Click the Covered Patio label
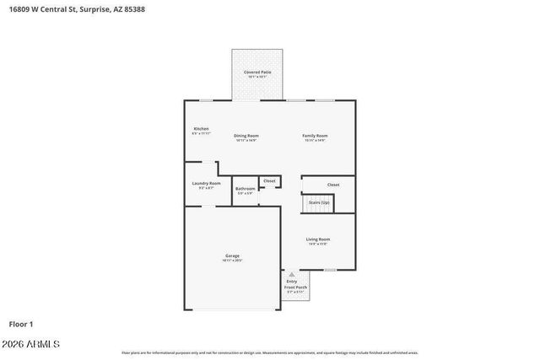257,73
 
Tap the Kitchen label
201,129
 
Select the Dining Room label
246,136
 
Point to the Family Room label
316,136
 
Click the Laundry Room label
207,183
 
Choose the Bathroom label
245,189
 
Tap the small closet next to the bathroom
269,180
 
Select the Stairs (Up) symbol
318,203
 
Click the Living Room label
318,239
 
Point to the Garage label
232,255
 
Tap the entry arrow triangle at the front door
292,275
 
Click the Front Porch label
295,287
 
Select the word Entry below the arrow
291,282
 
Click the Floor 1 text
21,324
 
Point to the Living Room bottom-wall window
330,271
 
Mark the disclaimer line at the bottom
269,352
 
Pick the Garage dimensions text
232,261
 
